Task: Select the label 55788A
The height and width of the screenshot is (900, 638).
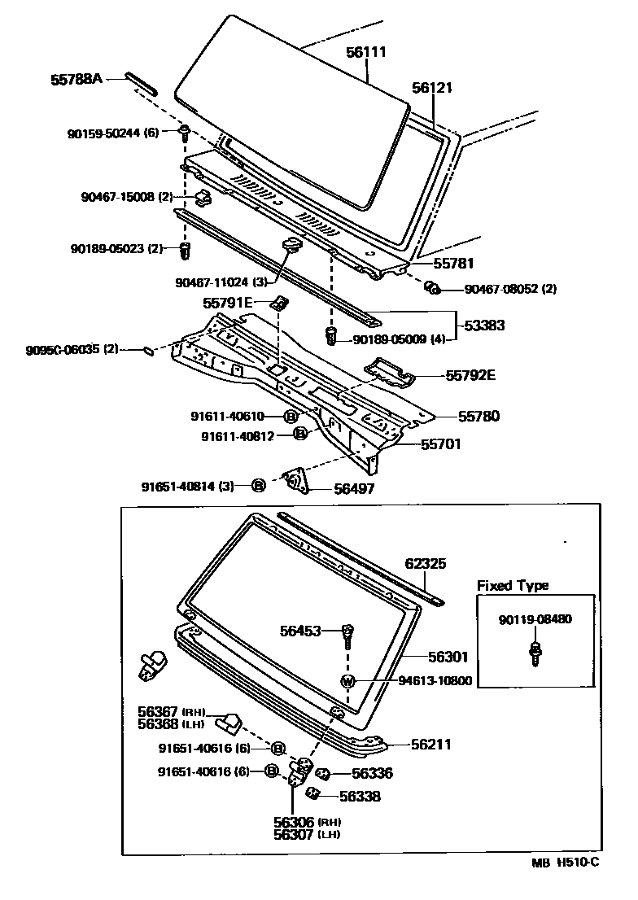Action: coord(76,80)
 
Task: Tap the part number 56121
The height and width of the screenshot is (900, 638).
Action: coord(431,88)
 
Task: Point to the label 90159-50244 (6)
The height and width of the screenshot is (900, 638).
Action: coord(113,132)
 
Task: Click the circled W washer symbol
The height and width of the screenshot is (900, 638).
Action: coord(347,680)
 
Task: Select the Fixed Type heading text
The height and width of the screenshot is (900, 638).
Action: coord(512,585)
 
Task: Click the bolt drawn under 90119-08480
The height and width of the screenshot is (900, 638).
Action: coord(535,653)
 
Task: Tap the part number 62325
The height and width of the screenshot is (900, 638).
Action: coord(426,563)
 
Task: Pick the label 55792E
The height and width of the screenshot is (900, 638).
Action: coord(470,375)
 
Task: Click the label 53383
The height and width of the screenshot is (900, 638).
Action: coord(484,325)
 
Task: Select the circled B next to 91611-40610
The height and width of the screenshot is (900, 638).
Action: coord(291,416)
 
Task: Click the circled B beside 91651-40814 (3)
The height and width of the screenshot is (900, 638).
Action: coord(258,486)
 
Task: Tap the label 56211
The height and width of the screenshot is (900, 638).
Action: coord(430,744)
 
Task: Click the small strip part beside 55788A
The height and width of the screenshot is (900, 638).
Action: coord(142,83)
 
